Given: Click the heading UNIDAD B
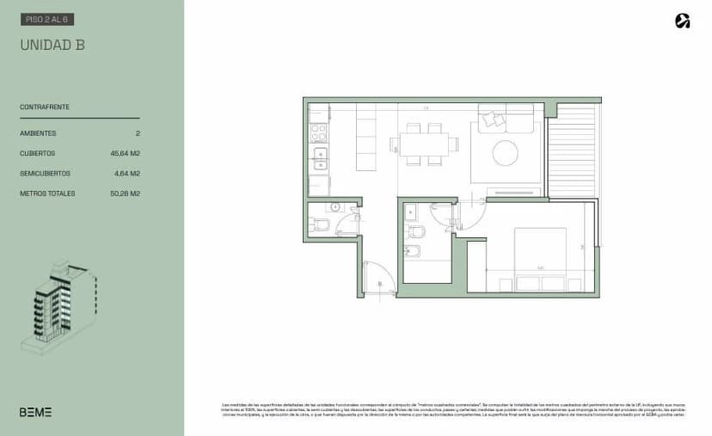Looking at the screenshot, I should click(x=52, y=46).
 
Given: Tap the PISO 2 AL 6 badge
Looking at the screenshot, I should click(x=47, y=18).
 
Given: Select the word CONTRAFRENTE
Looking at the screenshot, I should click(x=45, y=107).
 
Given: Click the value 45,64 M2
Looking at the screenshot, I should click(x=126, y=153).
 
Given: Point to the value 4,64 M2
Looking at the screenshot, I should click(x=127, y=174).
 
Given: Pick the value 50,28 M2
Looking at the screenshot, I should click(x=126, y=193).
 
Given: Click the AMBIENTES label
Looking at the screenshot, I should click(x=38, y=133).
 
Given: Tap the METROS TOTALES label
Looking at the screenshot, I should click(x=47, y=193).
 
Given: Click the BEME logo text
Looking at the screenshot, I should click(x=36, y=412).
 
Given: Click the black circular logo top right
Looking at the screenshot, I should click(x=683, y=21).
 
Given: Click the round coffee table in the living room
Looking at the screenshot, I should click(x=505, y=153).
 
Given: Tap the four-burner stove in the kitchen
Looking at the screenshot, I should click(x=318, y=132).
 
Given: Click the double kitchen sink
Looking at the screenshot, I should click(x=319, y=159).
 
